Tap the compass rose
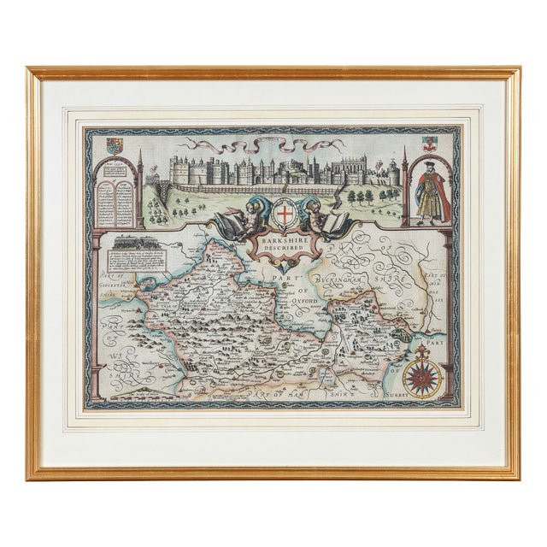[421, 373]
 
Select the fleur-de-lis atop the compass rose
[421, 351]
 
